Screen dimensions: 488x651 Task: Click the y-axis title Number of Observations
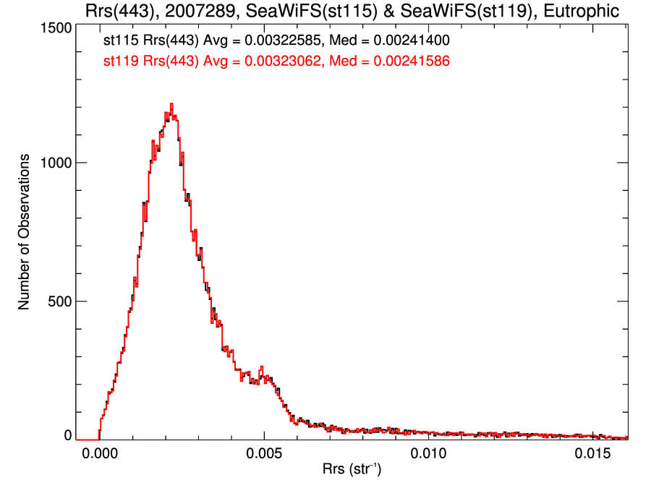point(25,231)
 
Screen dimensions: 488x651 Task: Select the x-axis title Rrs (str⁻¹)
point(352,471)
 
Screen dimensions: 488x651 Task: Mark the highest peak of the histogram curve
point(171,104)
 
